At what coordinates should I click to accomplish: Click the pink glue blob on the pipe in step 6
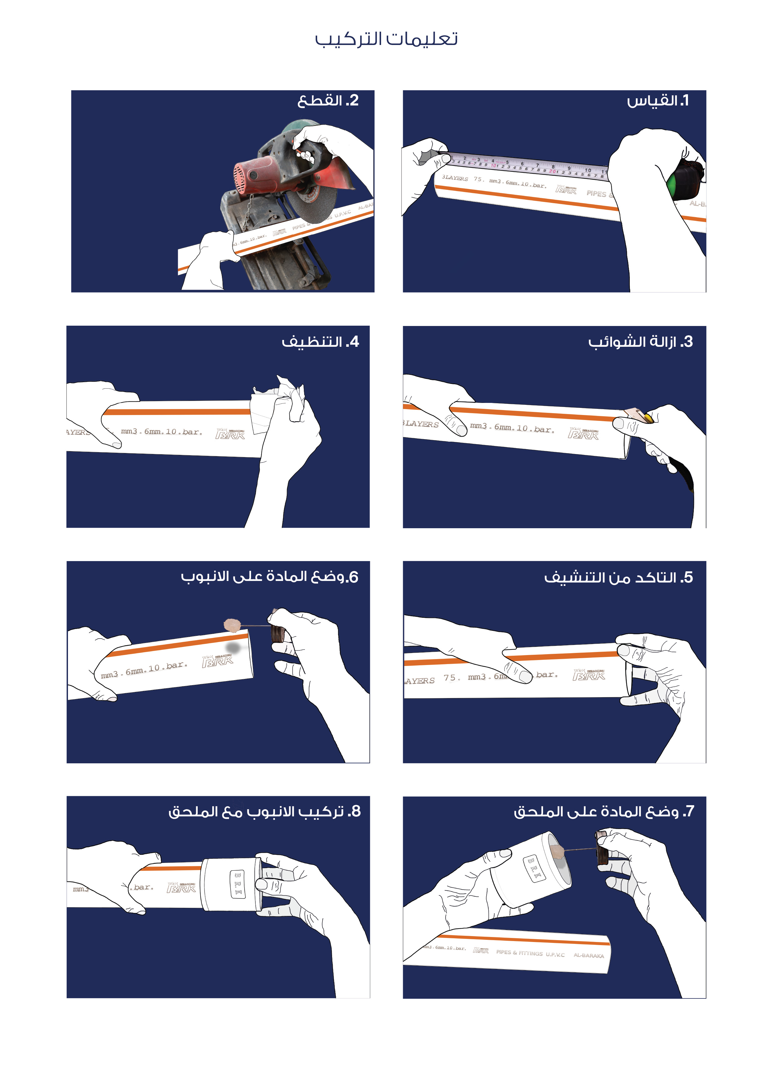tap(232, 625)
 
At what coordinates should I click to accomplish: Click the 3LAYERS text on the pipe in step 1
tap(455, 178)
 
